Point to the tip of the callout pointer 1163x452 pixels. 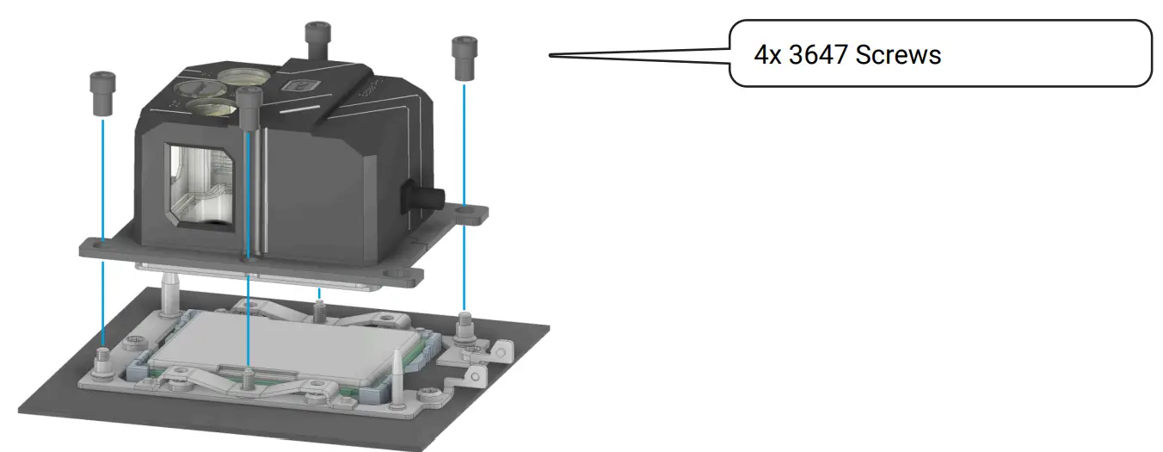(x=551, y=56)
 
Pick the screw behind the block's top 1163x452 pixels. (x=317, y=40)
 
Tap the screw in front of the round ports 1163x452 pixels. (x=250, y=108)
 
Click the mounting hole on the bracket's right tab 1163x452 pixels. (x=465, y=211)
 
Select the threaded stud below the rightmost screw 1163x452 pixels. (x=465, y=325)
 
